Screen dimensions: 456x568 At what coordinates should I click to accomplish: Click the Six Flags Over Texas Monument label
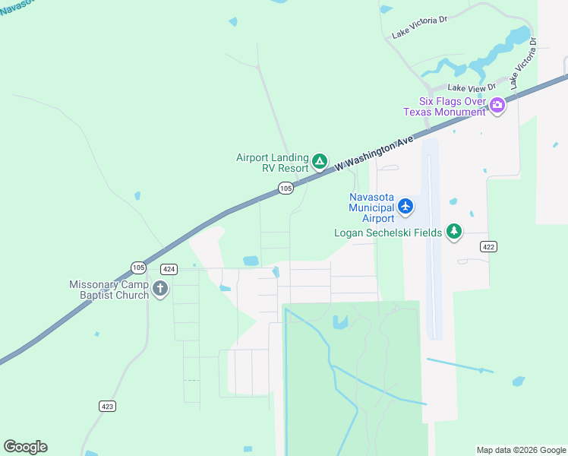click(445, 106)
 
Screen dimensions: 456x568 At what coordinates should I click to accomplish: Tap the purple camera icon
click(497, 105)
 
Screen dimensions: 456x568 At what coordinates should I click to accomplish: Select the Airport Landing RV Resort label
click(272, 163)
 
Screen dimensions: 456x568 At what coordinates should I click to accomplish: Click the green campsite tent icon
click(320, 162)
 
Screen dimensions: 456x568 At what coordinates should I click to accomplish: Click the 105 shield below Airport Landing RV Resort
click(286, 188)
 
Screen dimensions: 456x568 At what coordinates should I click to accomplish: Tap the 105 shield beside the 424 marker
click(138, 268)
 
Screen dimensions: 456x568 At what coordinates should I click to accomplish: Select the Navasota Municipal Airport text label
click(371, 202)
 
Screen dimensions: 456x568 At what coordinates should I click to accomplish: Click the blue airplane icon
click(405, 205)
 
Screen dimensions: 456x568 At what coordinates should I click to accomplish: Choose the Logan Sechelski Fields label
click(387, 233)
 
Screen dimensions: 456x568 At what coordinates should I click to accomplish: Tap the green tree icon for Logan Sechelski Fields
click(454, 231)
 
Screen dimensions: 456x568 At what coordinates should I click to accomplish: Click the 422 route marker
click(488, 247)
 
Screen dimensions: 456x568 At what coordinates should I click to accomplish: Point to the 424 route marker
click(169, 269)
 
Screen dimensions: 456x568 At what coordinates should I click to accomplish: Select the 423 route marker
click(108, 406)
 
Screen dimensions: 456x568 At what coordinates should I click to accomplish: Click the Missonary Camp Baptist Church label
click(109, 290)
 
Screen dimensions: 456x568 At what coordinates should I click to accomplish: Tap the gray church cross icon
click(159, 289)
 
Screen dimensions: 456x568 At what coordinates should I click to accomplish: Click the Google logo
click(25, 447)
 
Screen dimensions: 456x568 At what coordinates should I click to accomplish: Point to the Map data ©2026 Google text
click(520, 450)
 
